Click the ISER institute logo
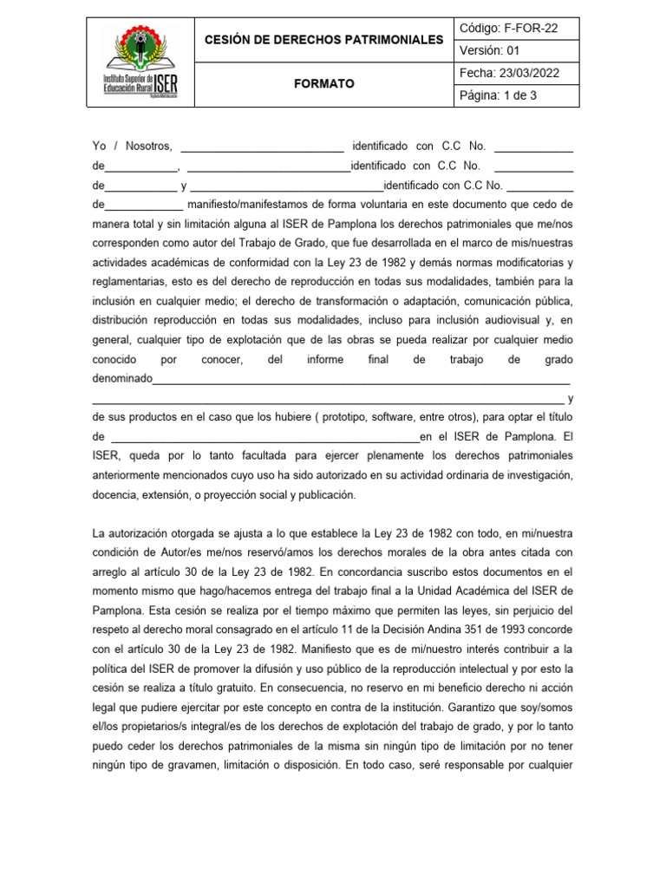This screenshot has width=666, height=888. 140,62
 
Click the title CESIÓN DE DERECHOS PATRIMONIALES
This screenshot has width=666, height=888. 323,40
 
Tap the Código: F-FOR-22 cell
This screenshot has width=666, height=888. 508,29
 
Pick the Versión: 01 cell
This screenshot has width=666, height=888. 489,50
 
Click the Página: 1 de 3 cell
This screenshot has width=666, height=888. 498,95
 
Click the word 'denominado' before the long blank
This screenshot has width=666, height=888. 122,378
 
